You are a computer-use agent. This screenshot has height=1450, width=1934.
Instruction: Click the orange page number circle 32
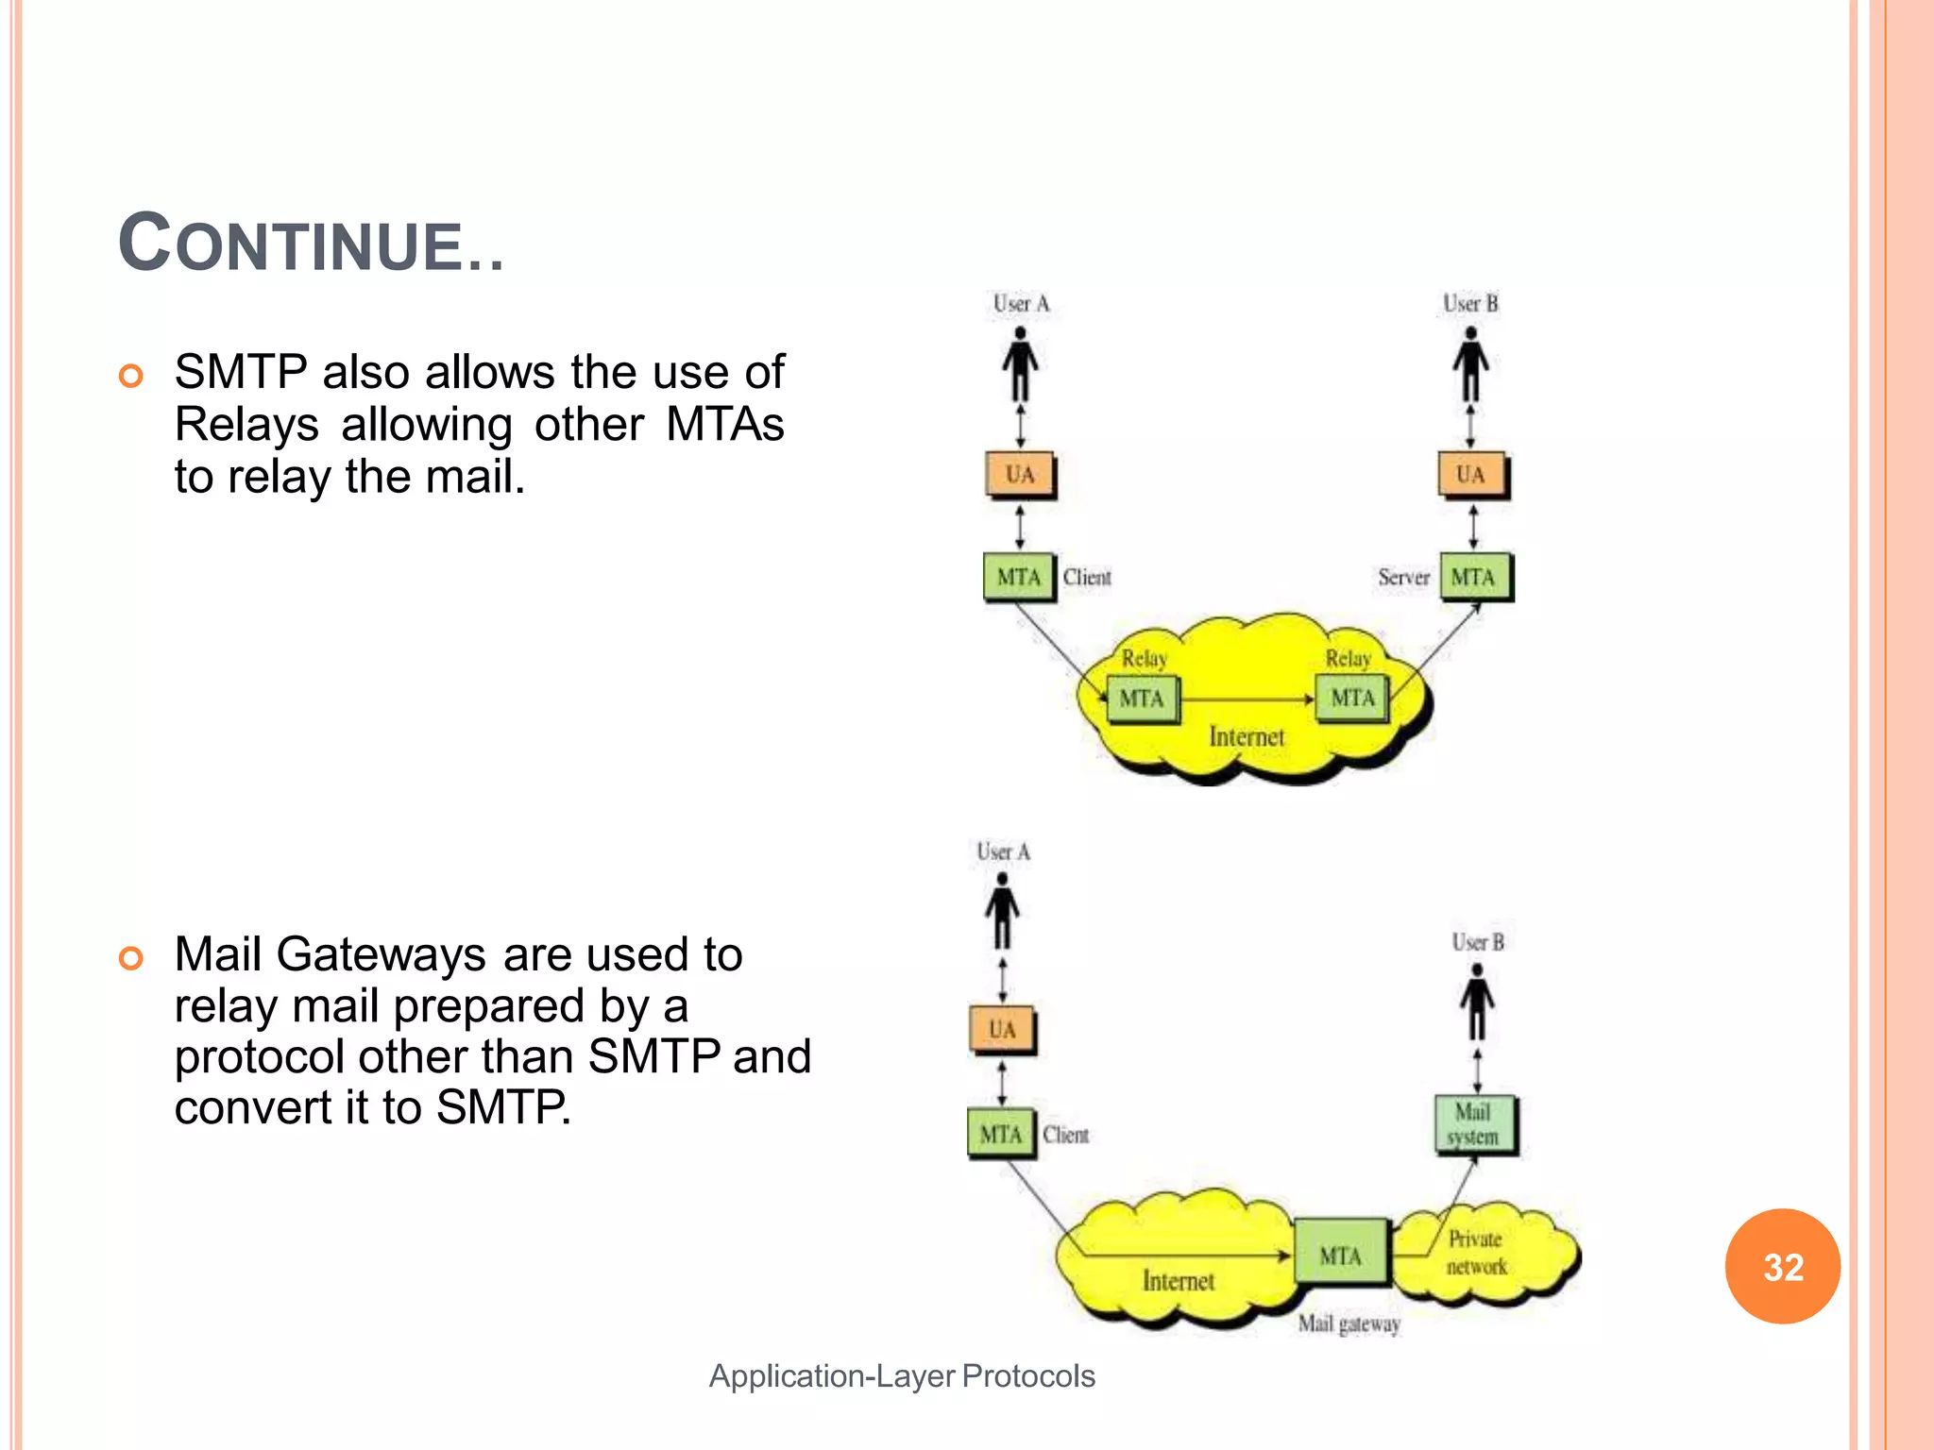(x=1782, y=1266)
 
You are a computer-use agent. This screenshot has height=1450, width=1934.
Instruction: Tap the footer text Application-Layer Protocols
(x=902, y=1375)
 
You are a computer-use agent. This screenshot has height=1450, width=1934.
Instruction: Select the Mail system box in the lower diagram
(x=1474, y=1124)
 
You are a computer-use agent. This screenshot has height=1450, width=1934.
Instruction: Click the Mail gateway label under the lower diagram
(x=1349, y=1324)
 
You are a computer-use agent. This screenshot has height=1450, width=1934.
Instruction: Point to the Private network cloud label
(x=1477, y=1252)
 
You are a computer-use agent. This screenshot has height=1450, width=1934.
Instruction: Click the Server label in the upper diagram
(x=1403, y=577)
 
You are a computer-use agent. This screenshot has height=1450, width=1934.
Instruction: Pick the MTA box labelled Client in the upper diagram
(x=1018, y=577)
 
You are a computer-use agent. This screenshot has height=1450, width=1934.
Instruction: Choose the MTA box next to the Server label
(x=1474, y=577)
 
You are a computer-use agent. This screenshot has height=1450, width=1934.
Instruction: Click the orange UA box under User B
(x=1471, y=475)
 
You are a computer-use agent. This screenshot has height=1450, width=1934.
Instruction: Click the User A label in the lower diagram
(x=1003, y=851)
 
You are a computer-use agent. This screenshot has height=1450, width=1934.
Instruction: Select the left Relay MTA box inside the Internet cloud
(x=1142, y=699)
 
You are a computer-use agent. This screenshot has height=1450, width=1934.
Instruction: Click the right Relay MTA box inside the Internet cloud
(x=1352, y=699)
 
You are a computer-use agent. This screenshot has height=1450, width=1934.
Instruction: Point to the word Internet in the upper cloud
(x=1247, y=736)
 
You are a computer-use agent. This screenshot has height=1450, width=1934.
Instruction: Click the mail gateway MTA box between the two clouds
(x=1341, y=1255)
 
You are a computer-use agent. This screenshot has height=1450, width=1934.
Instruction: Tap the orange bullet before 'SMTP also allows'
(x=131, y=376)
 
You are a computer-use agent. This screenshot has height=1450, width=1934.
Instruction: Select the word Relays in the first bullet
(x=246, y=424)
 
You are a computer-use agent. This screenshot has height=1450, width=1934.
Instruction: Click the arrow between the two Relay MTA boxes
(x=1247, y=700)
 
